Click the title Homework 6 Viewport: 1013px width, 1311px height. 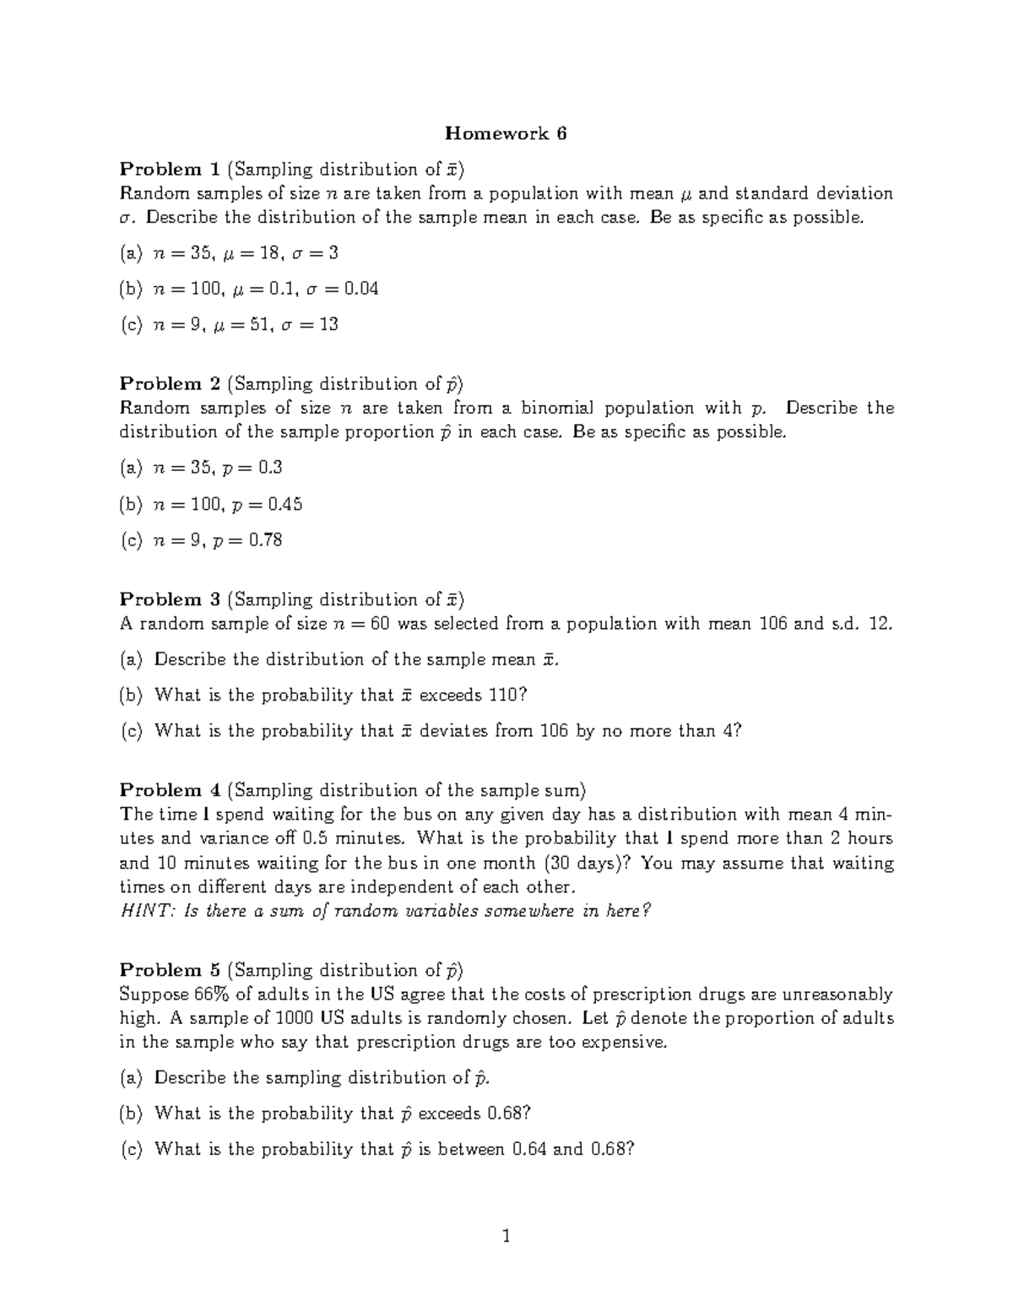click(x=506, y=133)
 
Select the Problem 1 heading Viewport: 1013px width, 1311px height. click(x=170, y=170)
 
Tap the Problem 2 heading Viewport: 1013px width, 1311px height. click(x=170, y=384)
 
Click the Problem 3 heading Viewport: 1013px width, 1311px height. click(x=170, y=599)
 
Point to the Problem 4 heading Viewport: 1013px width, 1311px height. click(x=170, y=790)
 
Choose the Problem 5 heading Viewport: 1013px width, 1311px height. click(x=170, y=970)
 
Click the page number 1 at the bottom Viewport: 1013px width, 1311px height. click(x=506, y=1238)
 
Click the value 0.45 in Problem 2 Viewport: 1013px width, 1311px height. click(x=284, y=504)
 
